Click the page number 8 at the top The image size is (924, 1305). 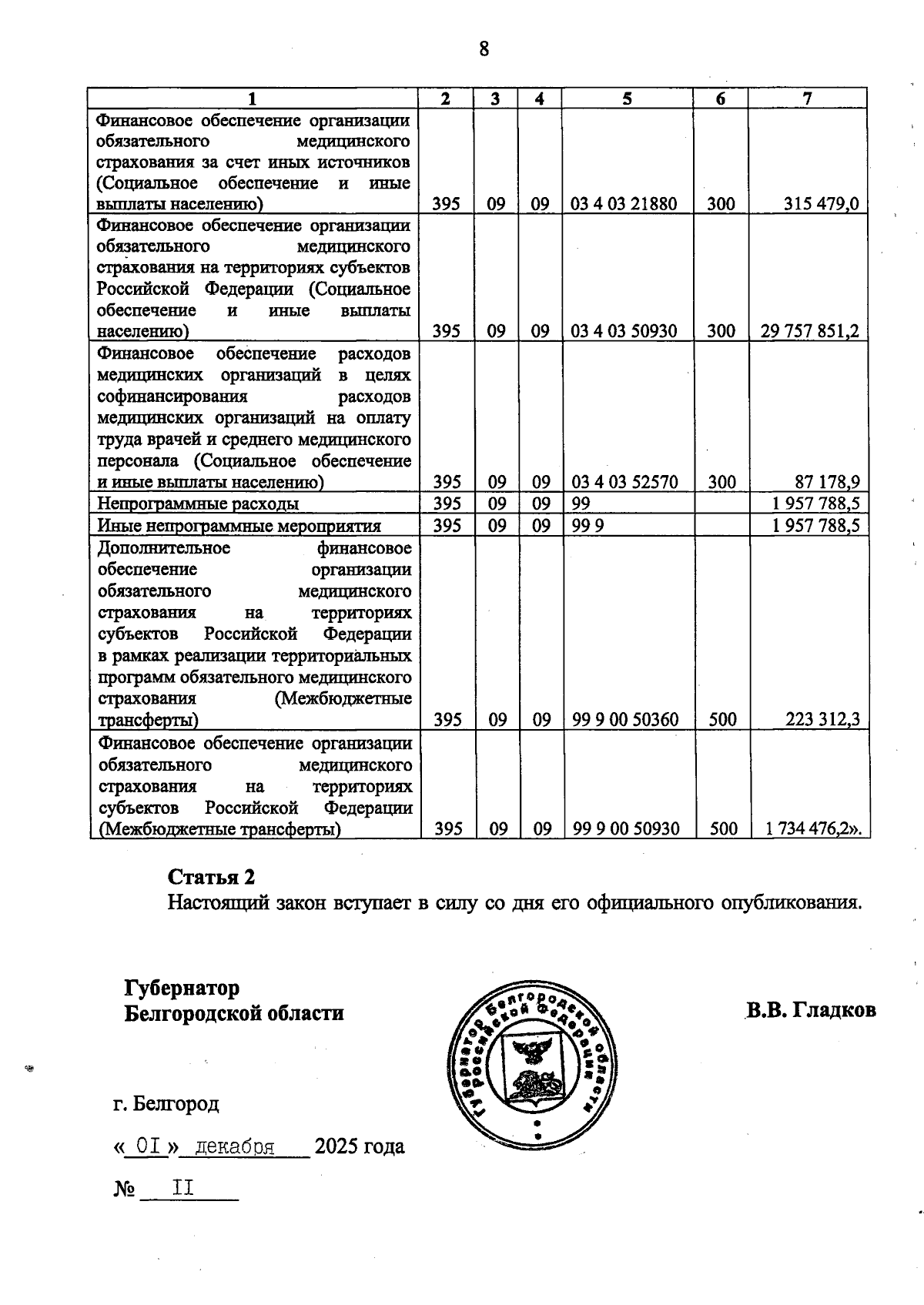pyautogui.click(x=484, y=49)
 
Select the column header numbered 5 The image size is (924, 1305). pyautogui.click(x=627, y=99)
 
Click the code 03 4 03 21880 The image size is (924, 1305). pyautogui.click(x=624, y=204)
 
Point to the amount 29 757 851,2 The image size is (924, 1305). pyautogui.click(x=809, y=331)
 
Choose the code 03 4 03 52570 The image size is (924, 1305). pyautogui.click(x=624, y=483)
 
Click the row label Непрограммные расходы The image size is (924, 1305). pyautogui.click(x=198, y=504)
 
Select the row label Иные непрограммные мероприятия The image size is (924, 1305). pyautogui.click(x=239, y=526)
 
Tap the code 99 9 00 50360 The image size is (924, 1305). pyautogui.click(x=625, y=720)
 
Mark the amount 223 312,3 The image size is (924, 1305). pyautogui.click(x=822, y=720)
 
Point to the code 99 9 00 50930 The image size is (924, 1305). pyautogui.click(x=625, y=829)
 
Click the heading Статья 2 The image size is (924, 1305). pyautogui.click(x=211, y=877)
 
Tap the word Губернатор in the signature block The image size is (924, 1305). pyautogui.click(x=182, y=988)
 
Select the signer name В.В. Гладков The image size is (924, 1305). pyautogui.click(x=810, y=1010)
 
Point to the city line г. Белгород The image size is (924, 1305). pyautogui.click(x=166, y=1104)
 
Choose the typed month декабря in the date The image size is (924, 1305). pyautogui.click(x=235, y=1147)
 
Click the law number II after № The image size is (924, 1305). pyautogui.click(x=183, y=1189)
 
